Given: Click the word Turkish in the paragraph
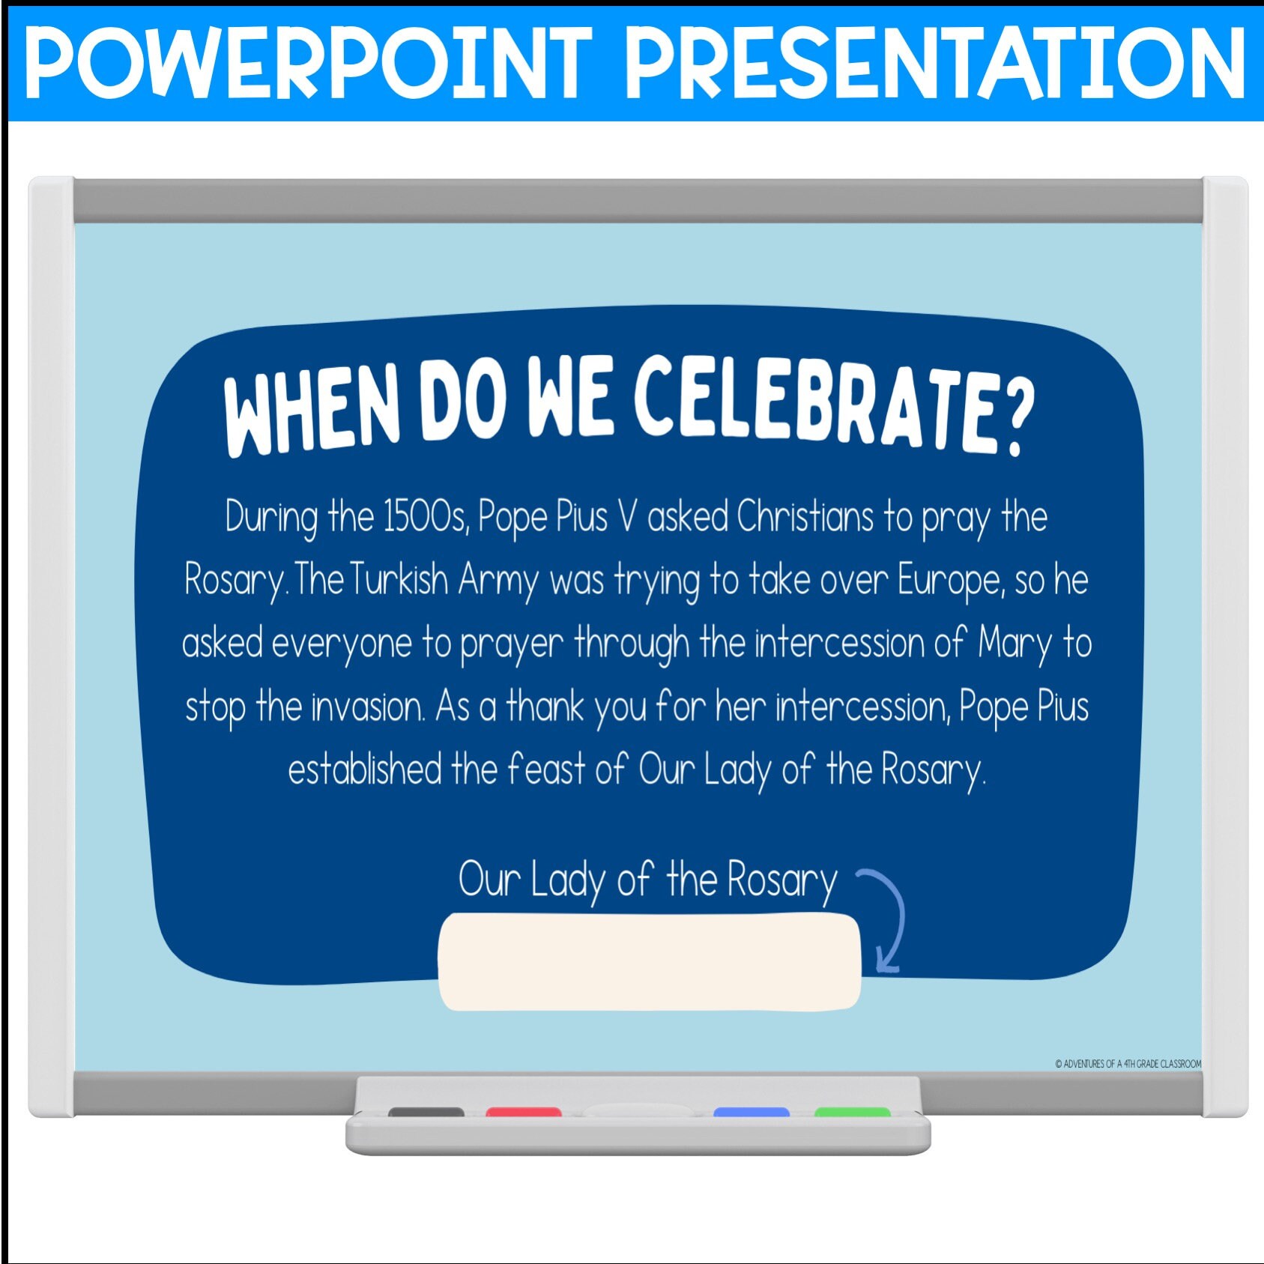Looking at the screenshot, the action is coord(399,580).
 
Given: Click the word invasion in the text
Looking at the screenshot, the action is coord(368,707).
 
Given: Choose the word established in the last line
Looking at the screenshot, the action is coord(365,769).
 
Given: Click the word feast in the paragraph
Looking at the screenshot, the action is coord(547,769).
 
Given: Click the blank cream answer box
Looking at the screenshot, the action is coord(650,962).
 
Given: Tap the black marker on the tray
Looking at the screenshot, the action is coord(426,1112).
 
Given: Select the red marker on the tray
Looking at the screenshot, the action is coord(524,1112).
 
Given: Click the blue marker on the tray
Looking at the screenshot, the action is coord(752,1112).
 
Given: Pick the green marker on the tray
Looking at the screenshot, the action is coord(853,1112).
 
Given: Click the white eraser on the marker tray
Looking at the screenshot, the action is coord(638,1110).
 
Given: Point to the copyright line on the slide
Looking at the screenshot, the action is coord(1128,1064).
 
